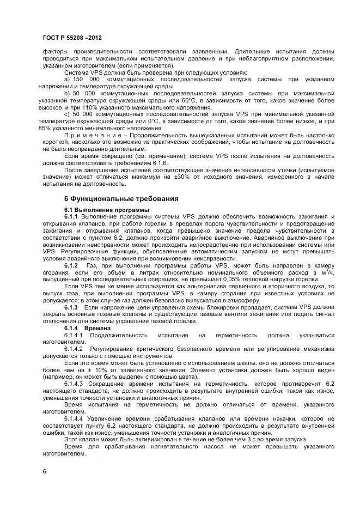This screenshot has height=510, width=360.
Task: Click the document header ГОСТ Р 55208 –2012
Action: point(71,38)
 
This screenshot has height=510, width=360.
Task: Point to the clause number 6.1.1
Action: point(72,216)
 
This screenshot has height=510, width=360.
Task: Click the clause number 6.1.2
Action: point(72,265)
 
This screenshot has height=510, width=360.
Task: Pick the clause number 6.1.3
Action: point(72,307)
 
